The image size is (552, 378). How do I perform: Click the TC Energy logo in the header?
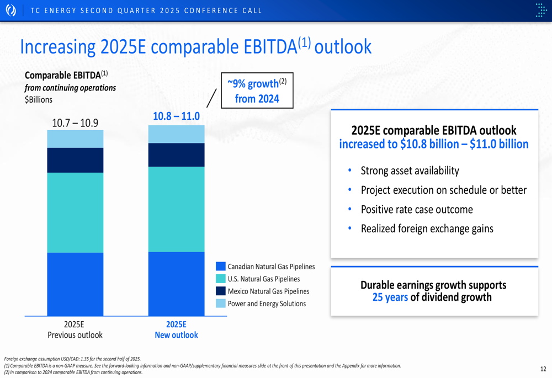coord(11,10)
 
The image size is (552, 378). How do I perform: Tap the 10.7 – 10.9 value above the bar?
coord(75,123)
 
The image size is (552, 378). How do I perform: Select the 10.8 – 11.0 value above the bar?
coord(176,116)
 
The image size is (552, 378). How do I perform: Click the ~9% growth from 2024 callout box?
coord(257,90)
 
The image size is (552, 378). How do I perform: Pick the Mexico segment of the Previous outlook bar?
coord(75,160)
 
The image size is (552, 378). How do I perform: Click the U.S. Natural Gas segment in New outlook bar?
coord(177,209)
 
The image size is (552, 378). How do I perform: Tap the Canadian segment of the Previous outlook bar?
coord(75,284)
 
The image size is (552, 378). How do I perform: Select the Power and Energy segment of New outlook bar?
coord(177,134)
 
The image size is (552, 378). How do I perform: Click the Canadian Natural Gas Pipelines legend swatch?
coord(221,267)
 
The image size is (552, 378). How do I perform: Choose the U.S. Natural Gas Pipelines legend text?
coord(264,279)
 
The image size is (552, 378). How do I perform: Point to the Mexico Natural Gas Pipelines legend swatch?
coord(221,291)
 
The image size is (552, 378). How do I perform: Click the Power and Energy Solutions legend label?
coord(267,304)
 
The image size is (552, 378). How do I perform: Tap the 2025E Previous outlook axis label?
coord(75,330)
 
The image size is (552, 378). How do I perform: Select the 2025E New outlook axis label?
coord(177,330)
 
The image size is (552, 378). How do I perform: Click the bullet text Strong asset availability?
coord(410,171)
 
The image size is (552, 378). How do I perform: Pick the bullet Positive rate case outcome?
coord(417,209)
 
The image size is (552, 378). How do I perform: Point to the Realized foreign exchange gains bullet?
coord(427,229)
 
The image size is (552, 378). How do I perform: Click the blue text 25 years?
coord(390,297)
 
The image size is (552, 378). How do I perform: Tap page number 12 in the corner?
coord(543,369)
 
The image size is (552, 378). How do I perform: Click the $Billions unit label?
coord(39,99)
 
